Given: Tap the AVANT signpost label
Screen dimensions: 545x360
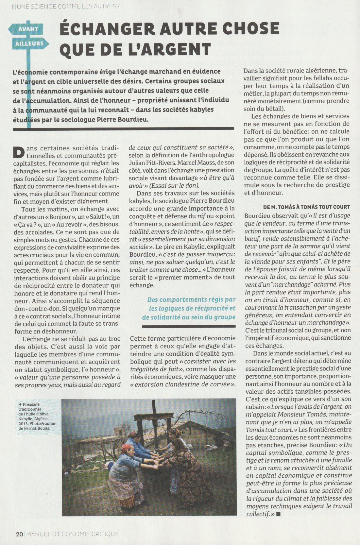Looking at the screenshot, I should (28, 29).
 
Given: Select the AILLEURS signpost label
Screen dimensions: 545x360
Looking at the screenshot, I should (29, 43).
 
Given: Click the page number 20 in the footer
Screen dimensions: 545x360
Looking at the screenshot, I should (19, 534).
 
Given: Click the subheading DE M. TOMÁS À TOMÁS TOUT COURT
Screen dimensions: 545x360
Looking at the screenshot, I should (306, 207).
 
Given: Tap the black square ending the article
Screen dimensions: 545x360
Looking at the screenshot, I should (279, 514).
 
